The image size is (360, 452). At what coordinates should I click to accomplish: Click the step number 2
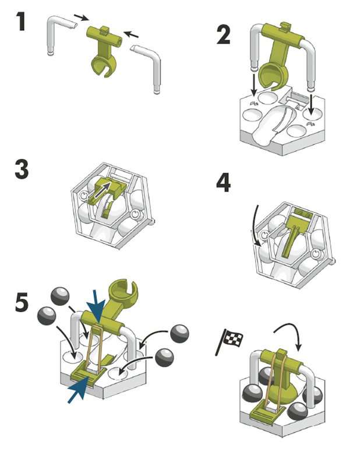(x=223, y=34)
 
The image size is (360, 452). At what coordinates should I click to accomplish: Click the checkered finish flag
(x=232, y=340)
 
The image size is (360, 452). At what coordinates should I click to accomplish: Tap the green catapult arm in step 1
(x=104, y=52)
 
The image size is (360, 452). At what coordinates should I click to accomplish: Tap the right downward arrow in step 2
(x=312, y=104)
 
